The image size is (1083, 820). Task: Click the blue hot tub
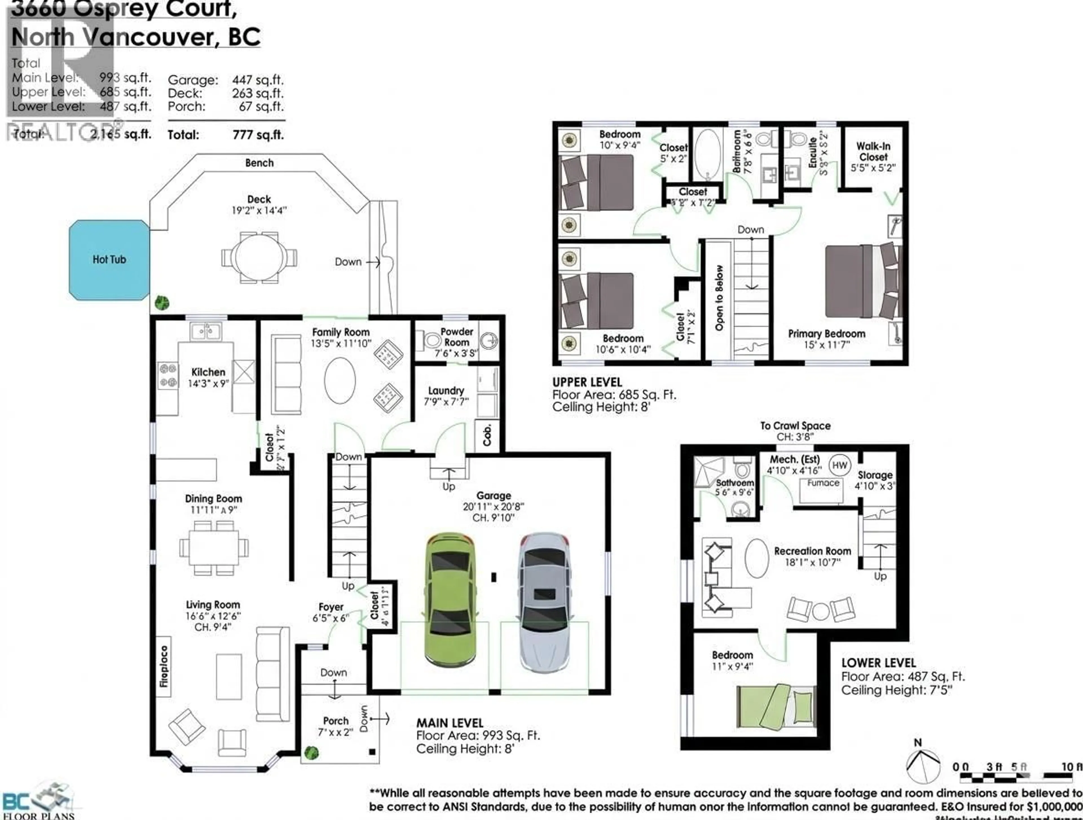point(109,260)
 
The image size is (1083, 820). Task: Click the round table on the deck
point(259,257)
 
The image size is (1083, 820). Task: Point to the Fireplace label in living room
point(164,666)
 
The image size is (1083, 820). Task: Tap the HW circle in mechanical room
point(839,465)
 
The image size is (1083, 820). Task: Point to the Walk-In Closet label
point(873,152)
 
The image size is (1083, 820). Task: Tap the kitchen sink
point(206,332)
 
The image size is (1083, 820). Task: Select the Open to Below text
point(719,298)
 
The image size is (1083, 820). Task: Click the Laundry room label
point(446,391)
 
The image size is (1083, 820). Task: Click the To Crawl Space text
point(795,426)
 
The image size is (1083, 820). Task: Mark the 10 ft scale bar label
point(1071,767)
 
